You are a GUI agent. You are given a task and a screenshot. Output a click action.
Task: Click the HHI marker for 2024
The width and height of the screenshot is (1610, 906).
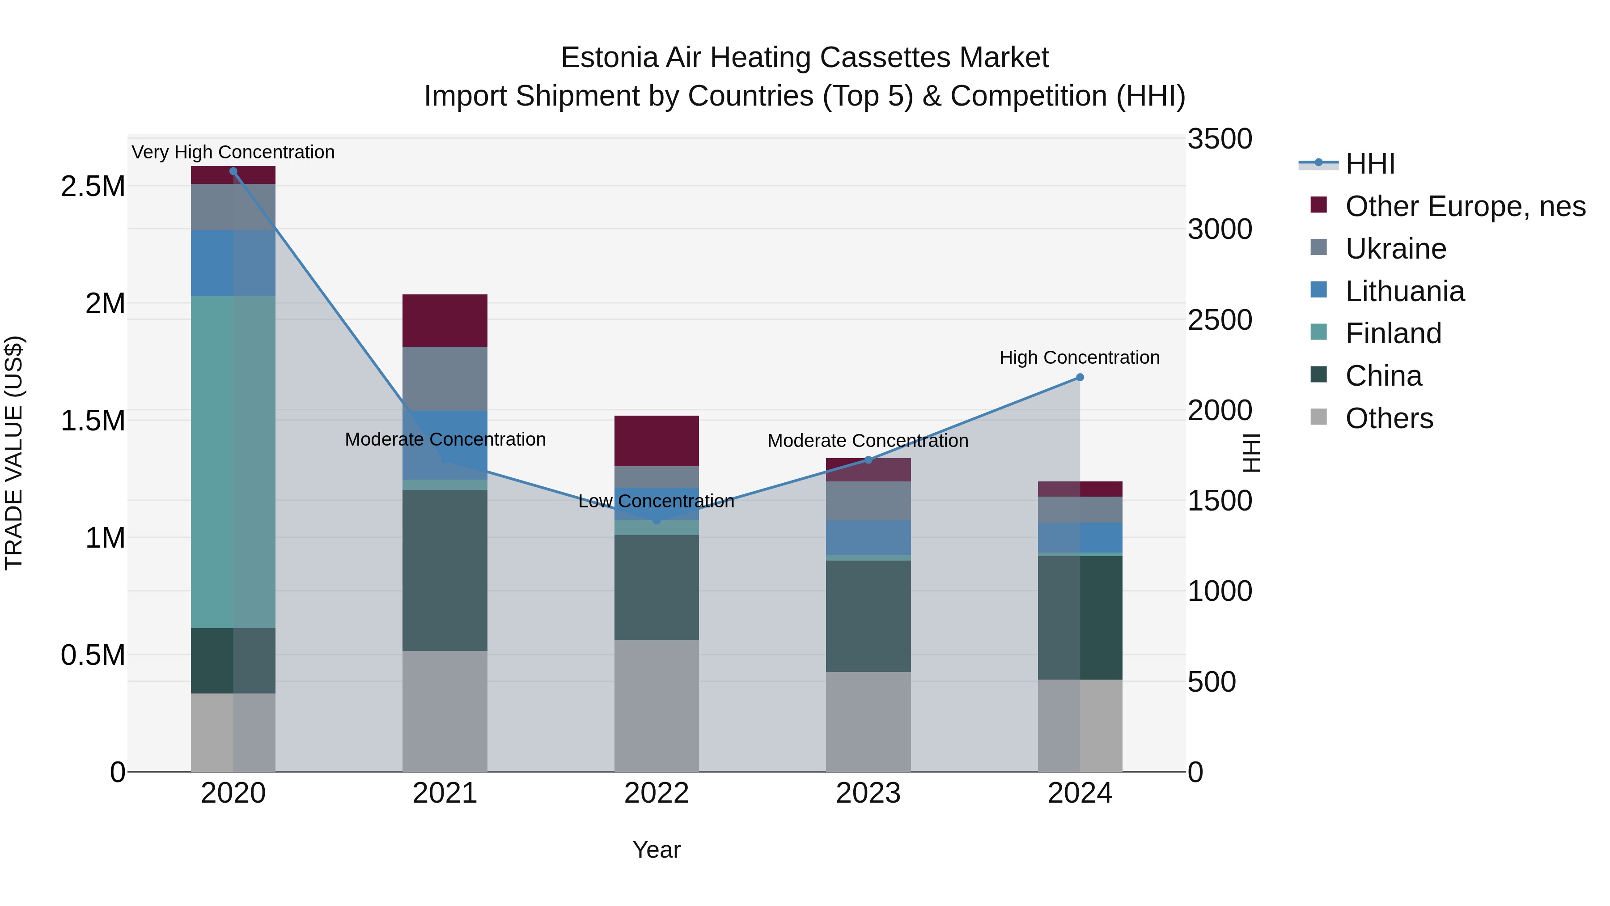pyautogui.click(x=1080, y=377)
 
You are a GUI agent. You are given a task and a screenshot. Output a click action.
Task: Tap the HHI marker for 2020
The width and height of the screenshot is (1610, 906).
pyautogui.click(x=233, y=171)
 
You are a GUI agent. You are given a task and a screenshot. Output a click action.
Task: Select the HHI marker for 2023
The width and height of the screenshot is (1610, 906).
pyautogui.click(x=868, y=460)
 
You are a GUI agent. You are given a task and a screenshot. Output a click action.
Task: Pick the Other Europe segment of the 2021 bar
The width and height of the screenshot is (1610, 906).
pyautogui.click(x=445, y=320)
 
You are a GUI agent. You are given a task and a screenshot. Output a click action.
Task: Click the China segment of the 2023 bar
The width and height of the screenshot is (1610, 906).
pyautogui.click(x=868, y=616)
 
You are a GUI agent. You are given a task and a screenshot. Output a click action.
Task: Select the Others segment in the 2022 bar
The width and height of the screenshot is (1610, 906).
pyautogui.click(x=656, y=705)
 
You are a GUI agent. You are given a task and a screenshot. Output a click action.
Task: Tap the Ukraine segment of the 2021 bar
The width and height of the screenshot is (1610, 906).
pyautogui.click(x=445, y=378)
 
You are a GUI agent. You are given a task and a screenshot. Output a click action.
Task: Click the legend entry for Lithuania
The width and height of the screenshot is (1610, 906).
pyautogui.click(x=1404, y=291)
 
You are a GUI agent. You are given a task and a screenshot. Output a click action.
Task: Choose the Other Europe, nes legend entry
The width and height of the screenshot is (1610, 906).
pyautogui.click(x=1465, y=206)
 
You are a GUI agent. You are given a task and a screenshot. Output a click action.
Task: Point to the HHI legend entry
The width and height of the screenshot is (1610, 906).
pyautogui.click(x=1370, y=164)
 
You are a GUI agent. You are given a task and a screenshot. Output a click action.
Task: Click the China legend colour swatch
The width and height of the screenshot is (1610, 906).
pyautogui.click(x=1319, y=374)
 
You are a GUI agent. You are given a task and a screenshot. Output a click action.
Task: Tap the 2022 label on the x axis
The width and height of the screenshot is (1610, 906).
pyautogui.click(x=656, y=793)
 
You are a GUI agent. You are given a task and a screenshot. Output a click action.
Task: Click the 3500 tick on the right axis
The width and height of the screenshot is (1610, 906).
pyautogui.click(x=1220, y=139)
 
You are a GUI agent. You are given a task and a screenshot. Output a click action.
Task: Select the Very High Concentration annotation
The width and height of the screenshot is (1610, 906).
pyautogui.click(x=233, y=152)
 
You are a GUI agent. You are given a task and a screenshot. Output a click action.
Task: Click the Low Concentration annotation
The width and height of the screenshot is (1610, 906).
pyautogui.click(x=656, y=501)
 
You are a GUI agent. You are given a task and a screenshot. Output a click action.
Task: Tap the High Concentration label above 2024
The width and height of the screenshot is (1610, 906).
pyautogui.click(x=1080, y=357)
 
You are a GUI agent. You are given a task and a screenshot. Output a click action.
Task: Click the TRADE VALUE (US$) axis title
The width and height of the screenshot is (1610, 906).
pyautogui.click(x=14, y=453)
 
